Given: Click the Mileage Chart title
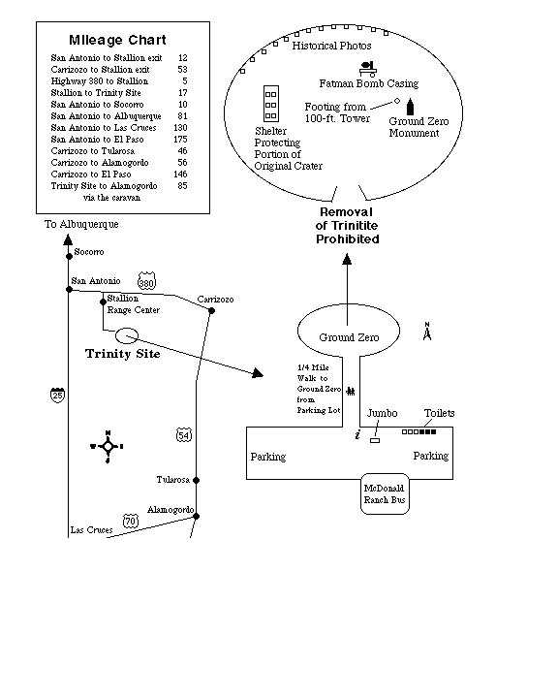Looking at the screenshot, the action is tap(117, 40).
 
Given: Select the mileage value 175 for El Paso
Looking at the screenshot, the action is tap(180, 139).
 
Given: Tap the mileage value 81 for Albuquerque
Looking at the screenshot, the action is tap(182, 115).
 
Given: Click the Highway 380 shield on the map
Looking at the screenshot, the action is tap(146, 281).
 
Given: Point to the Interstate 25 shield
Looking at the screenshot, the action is tap(57, 395).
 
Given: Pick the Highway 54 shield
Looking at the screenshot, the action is tap(184, 435).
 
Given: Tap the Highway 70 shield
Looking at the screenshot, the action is tap(131, 521).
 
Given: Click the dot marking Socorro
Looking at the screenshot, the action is tap(69, 256).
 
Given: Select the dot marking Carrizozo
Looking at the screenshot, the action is tap(212, 311).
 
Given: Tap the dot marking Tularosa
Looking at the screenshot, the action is tap(197, 480).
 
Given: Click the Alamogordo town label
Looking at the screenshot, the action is tap(170, 510).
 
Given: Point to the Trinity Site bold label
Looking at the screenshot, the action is tap(122, 354).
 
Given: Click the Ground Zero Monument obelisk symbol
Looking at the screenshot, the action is tap(411, 107).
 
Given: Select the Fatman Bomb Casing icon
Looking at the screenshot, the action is tap(368, 69).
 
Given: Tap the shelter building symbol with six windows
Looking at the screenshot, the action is tap(271, 104).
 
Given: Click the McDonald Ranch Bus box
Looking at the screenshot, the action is tap(385, 493).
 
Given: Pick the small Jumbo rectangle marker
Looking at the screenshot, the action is tap(375, 441).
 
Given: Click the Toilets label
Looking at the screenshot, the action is tap(439, 413).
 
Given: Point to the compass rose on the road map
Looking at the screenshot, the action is tap(108, 447).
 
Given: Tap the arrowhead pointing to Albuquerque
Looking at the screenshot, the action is tap(68, 240).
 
